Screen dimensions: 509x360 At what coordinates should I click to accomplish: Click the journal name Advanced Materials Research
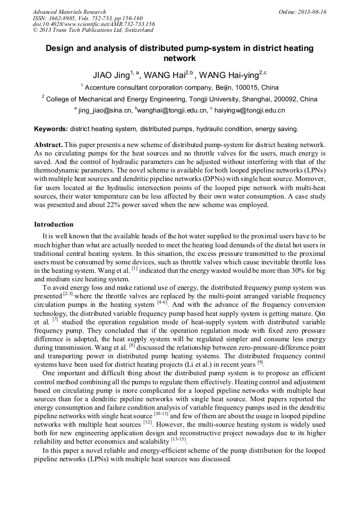coord(69,12)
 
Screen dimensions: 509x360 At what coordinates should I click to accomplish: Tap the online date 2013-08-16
coord(311,12)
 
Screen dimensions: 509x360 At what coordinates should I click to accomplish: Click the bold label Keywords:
coord(51,129)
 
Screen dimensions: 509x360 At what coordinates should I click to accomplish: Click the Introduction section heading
coord(54,225)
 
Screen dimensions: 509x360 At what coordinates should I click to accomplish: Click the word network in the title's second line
coord(179,58)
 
